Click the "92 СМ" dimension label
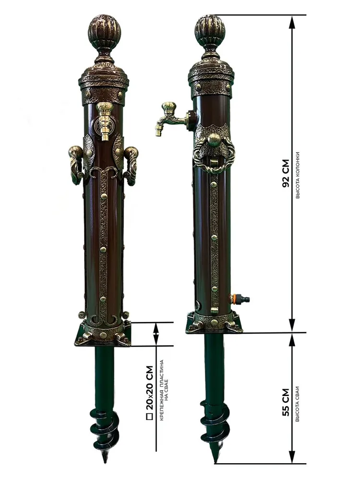[285, 173]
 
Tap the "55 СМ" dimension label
[285, 402]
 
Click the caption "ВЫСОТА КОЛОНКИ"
[298, 175]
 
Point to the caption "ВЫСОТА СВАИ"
[298, 404]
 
